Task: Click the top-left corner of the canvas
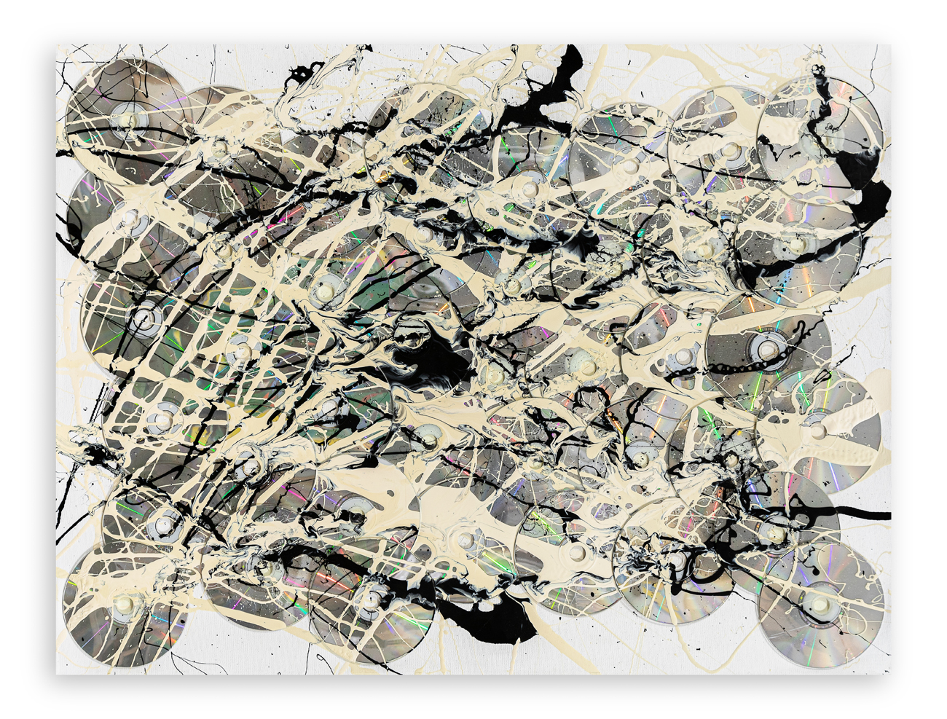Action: pos(58,45)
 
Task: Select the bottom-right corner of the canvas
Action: pos(889,674)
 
